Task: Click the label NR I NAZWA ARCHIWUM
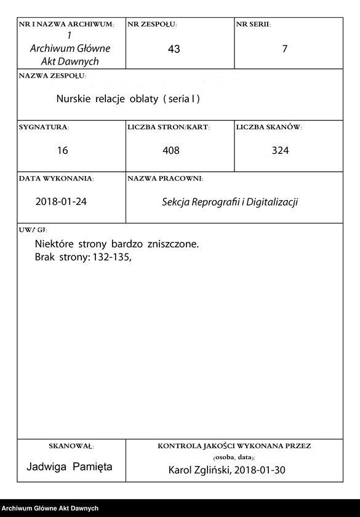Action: [x=66, y=25]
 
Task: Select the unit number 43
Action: [x=174, y=49]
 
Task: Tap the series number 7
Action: [x=284, y=49]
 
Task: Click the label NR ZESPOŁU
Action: [x=152, y=25]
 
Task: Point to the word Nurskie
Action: [x=73, y=98]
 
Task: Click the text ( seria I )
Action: [x=182, y=98]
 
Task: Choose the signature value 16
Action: [x=62, y=150]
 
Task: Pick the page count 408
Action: [x=171, y=150]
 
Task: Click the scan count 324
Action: [x=280, y=150]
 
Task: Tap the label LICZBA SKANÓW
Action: [x=268, y=127]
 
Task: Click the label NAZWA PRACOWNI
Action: [x=165, y=178]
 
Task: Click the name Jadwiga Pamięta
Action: [x=70, y=467]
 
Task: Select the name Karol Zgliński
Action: [x=197, y=470]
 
